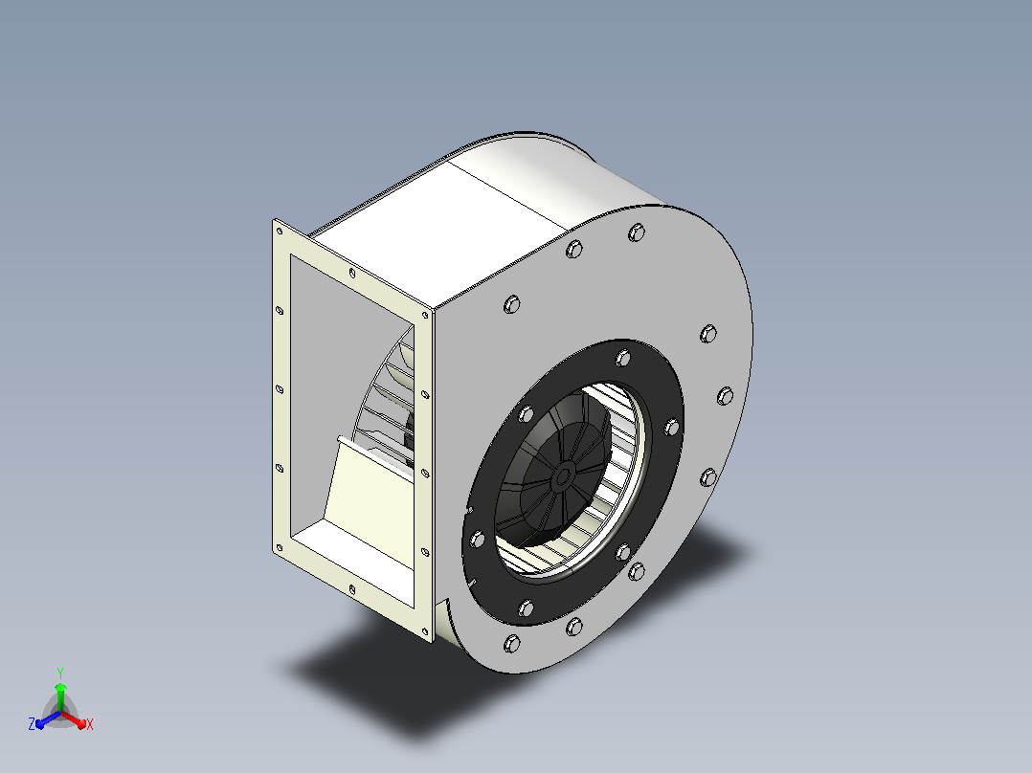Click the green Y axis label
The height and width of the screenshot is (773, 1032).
[x=60, y=673]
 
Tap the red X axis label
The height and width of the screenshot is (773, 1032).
[x=90, y=724]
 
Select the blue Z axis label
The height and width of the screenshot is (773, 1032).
[x=32, y=723]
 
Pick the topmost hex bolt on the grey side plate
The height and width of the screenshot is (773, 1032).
[x=636, y=232]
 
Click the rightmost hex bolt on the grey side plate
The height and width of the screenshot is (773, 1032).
[x=725, y=396]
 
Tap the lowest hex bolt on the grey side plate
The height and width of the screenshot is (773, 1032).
[x=511, y=644]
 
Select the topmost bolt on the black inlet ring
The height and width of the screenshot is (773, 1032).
[x=622, y=359]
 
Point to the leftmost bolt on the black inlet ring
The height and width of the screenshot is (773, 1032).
[x=477, y=541]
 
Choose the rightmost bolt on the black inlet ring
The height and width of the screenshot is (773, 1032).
[x=671, y=427]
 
